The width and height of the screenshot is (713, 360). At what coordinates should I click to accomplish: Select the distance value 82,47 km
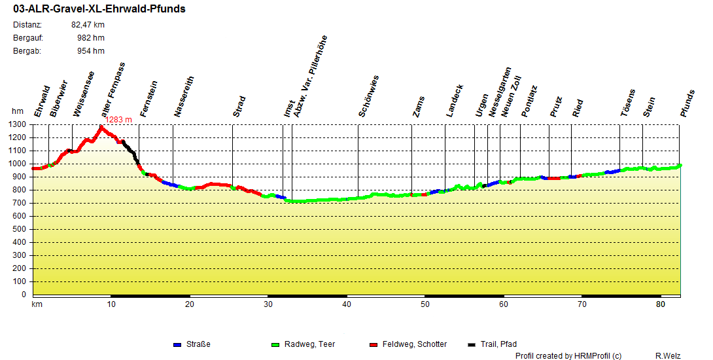click(88, 25)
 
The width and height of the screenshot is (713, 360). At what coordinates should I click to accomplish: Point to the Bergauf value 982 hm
click(90, 38)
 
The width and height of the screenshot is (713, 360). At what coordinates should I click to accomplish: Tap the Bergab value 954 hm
click(90, 51)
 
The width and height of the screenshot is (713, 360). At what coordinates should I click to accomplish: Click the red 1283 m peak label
click(119, 119)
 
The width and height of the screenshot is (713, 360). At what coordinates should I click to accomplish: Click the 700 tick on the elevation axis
click(20, 203)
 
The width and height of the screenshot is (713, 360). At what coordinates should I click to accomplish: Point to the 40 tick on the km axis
click(347, 304)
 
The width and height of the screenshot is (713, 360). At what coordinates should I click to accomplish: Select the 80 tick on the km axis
click(661, 304)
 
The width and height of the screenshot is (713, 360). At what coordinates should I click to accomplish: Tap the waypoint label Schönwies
click(369, 97)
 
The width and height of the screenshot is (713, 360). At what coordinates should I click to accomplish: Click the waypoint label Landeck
click(455, 101)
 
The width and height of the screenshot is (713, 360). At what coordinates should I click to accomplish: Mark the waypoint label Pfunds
click(687, 103)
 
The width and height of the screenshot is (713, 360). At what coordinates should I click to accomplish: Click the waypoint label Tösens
click(628, 103)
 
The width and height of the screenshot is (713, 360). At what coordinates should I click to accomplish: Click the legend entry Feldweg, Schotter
click(414, 344)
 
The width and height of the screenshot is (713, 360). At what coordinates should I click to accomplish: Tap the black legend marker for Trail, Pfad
click(473, 344)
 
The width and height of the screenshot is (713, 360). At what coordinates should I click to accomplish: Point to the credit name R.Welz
click(668, 355)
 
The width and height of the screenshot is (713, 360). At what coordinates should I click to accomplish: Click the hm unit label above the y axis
click(17, 112)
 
